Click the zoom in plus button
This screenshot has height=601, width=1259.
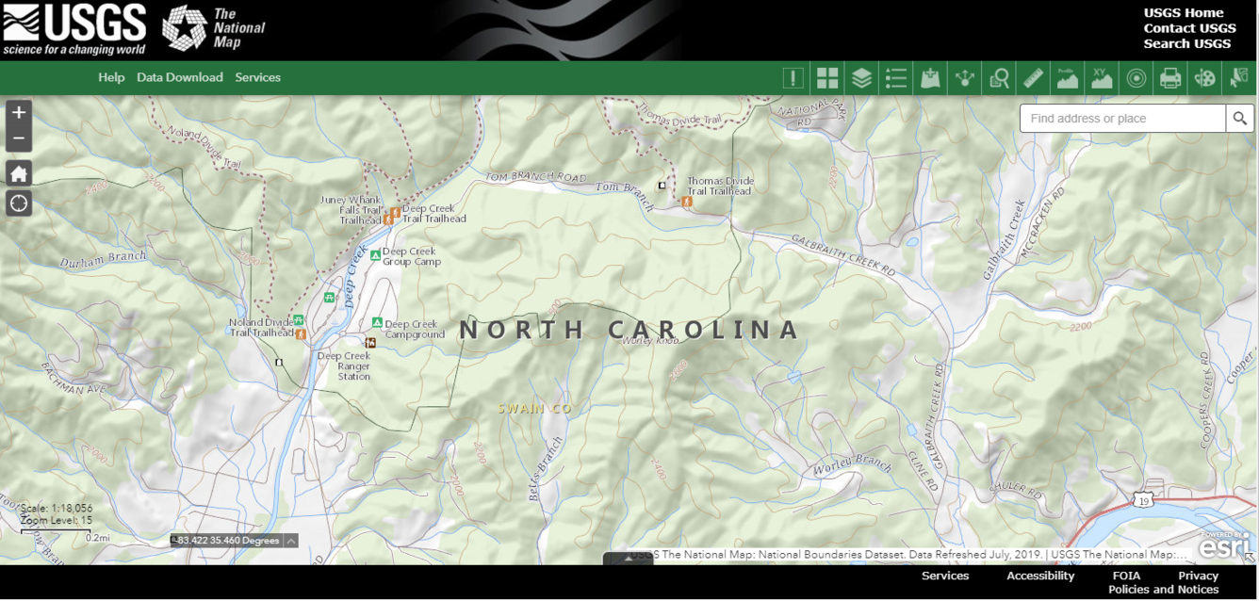tap(19, 112)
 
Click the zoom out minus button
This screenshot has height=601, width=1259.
tap(19, 139)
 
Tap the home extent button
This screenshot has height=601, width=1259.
tap(19, 173)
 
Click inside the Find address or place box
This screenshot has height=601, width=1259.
tap(1121, 119)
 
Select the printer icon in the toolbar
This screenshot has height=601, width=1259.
tap(1170, 78)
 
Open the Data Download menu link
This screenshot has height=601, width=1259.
tap(180, 77)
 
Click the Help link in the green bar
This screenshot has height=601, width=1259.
tap(111, 77)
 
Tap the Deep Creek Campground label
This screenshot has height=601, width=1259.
tap(415, 329)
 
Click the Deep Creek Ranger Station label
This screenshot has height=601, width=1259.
tap(343, 366)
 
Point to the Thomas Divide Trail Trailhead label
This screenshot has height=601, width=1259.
tap(719, 186)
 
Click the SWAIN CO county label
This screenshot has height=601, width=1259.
tap(535, 409)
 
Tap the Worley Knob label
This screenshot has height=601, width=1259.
tap(649, 340)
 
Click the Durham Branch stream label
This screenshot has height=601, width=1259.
tap(103, 258)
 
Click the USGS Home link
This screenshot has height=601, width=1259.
tap(1184, 13)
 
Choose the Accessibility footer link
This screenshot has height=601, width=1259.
tap(1040, 576)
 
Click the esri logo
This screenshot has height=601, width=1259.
tap(1224, 545)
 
